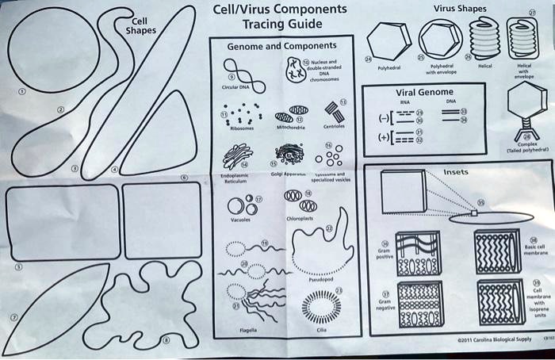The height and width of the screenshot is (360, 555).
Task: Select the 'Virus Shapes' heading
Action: click(x=461, y=9)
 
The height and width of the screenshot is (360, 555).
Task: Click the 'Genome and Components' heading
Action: click(x=281, y=47)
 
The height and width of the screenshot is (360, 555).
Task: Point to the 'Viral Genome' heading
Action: click(x=425, y=93)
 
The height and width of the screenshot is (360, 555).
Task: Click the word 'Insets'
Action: click(x=455, y=171)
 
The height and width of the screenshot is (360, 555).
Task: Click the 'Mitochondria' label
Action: click(x=289, y=126)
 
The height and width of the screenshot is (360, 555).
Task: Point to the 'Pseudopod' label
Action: click(x=319, y=279)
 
